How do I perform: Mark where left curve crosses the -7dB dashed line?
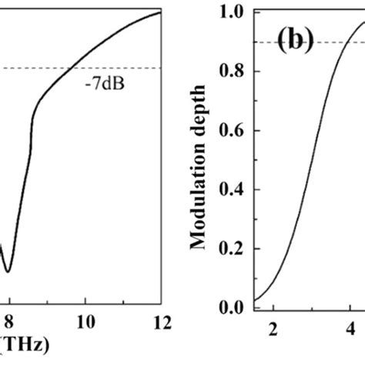(74, 68)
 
